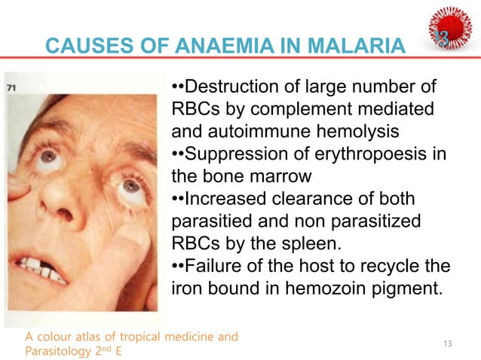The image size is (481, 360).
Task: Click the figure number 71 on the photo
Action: coord(12,87)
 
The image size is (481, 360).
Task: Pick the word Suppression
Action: coord(240,155)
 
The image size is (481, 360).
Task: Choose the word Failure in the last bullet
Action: coord(216,267)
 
